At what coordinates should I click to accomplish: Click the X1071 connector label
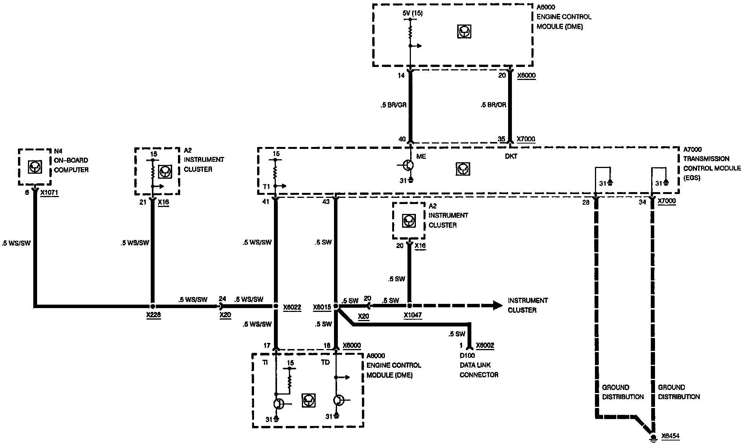pos(49,193)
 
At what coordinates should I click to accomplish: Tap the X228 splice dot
pos(153,306)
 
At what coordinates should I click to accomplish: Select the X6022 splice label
pos(292,307)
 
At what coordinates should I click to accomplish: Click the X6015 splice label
pos(322,307)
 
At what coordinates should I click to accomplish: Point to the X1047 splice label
pos(413,316)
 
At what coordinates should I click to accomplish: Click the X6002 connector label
pos(485,346)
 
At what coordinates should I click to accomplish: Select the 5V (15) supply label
pos(412,13)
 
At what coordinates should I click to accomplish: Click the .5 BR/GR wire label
pos(393,105)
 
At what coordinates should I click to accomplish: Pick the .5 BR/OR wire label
pos(494,105)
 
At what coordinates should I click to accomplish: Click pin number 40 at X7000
pos(402,139)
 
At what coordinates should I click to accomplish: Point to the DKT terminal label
pos(511,156)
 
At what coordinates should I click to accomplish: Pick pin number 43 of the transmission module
pos(326,202)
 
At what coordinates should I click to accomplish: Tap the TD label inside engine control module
pos(325,362)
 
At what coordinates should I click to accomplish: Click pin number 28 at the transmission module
pos(586,202)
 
